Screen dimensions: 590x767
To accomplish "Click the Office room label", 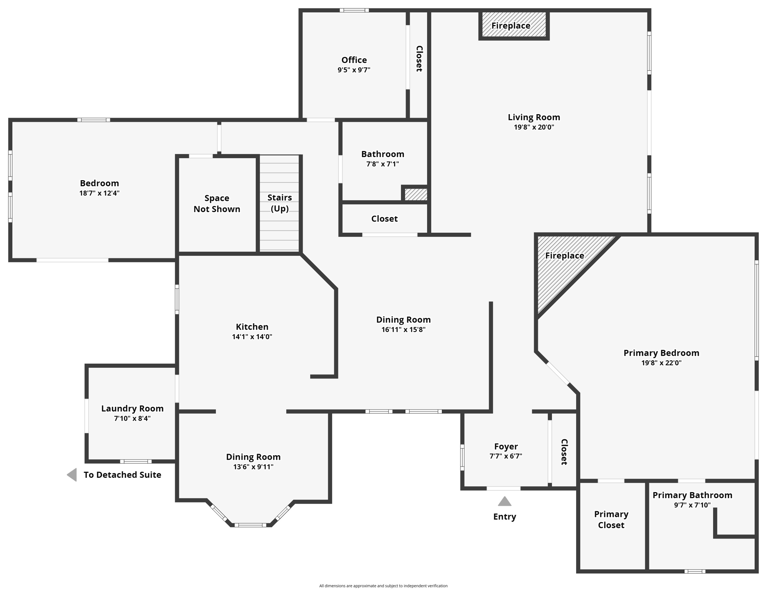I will [x=354, y=60].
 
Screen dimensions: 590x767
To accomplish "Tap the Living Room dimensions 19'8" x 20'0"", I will [x=533, y=127].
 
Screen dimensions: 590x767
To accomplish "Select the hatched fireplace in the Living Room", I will [x=514, y=25].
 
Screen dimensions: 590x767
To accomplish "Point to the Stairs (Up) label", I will [x=279, y=202].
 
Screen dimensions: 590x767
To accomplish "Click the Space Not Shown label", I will [x=217, y=203].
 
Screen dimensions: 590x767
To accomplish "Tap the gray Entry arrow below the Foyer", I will [x=504, y=501].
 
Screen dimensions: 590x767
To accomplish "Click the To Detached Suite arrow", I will [x=72, y=474].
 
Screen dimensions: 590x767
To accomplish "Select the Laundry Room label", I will [x=132, y=408].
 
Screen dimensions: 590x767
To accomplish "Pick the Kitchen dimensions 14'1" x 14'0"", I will [x=252, y=337].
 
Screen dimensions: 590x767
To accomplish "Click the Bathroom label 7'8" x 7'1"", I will [x=383, y=154].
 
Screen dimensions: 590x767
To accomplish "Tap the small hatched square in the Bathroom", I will [x=416, y=194].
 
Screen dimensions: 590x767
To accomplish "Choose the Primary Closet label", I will [x=611, y=519].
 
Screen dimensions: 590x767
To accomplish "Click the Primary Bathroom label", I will [x=692, y=495].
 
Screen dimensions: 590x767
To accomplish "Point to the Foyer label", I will [x=506, y=446].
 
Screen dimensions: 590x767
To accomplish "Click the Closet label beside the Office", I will [x=419, y=58].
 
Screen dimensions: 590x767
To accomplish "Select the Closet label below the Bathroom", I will [x=384, y=219].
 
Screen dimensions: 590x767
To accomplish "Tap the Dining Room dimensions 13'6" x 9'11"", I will [x=253, y=467].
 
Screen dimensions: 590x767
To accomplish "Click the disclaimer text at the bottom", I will [x=383, y=586].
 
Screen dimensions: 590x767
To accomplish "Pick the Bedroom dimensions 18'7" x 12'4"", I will [x=99, y=193].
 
